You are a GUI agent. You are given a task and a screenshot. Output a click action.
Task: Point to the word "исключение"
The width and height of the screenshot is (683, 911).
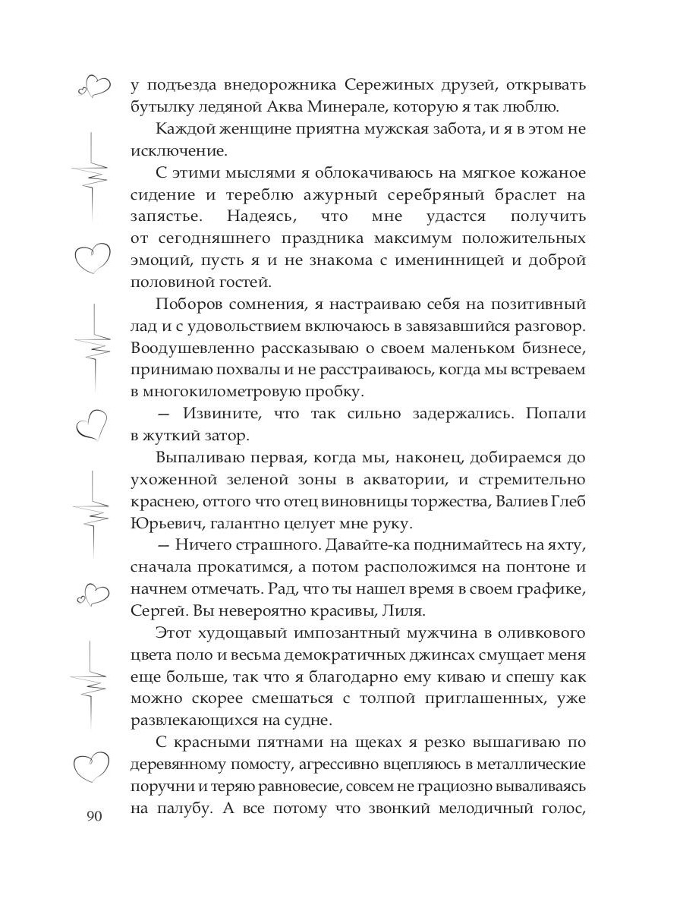coord(172,150)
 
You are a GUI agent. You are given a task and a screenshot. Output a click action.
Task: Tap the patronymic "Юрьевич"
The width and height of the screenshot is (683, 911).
coord(164,524)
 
